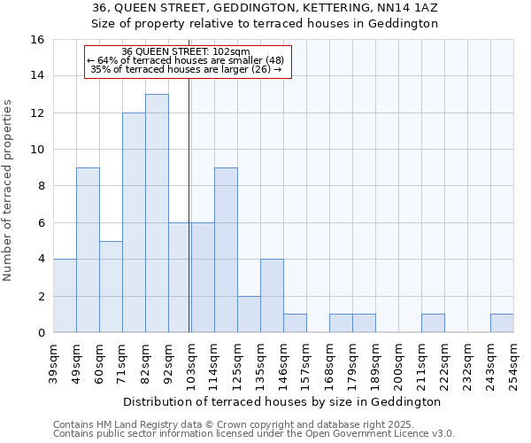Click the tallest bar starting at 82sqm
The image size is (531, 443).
tap(157, 214)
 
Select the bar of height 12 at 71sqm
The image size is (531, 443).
tap(134, 222)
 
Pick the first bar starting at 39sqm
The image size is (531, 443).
tap(65, 296)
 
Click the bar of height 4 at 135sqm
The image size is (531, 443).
tap(272, 296)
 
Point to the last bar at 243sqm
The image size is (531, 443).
tap(502, 323)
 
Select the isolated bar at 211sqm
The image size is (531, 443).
tap(433, 323)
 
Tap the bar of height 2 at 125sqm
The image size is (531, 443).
tap(249, 315)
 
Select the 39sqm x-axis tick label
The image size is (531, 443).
tap(54, 361)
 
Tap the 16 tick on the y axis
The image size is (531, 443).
tap(38, 40)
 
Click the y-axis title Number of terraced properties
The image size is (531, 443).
tap(8, 186)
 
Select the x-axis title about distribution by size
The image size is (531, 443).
tap(281, 401)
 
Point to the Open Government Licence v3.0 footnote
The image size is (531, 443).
tap(254, 434)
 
